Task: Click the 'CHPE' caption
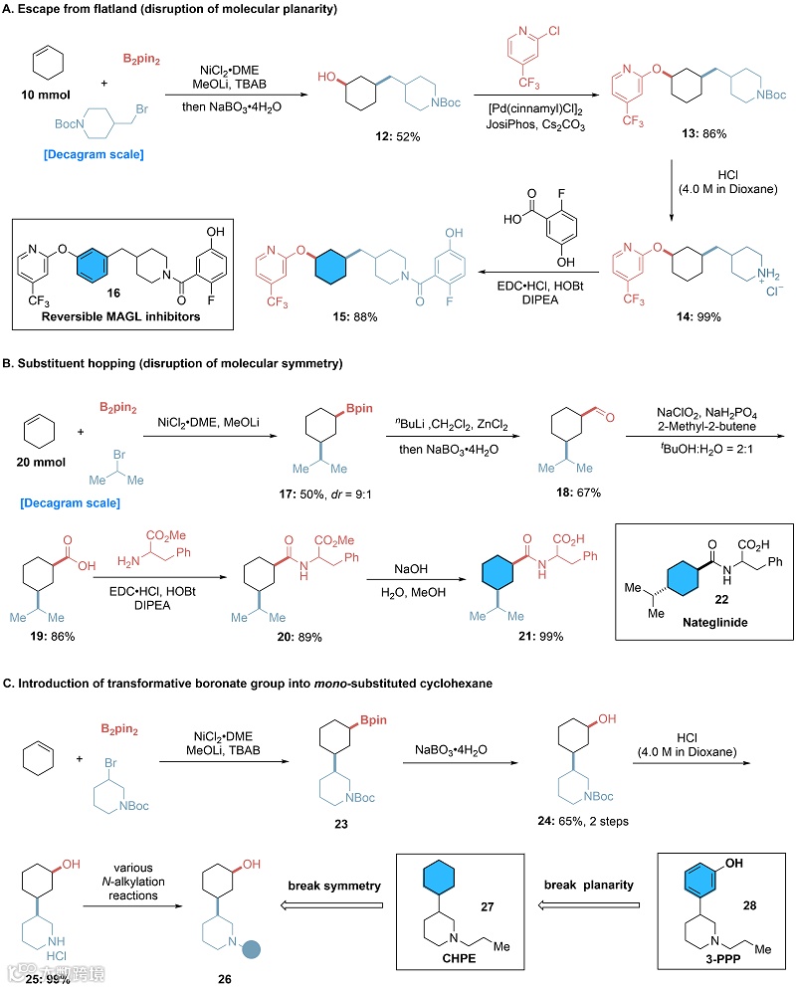point(463,964)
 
